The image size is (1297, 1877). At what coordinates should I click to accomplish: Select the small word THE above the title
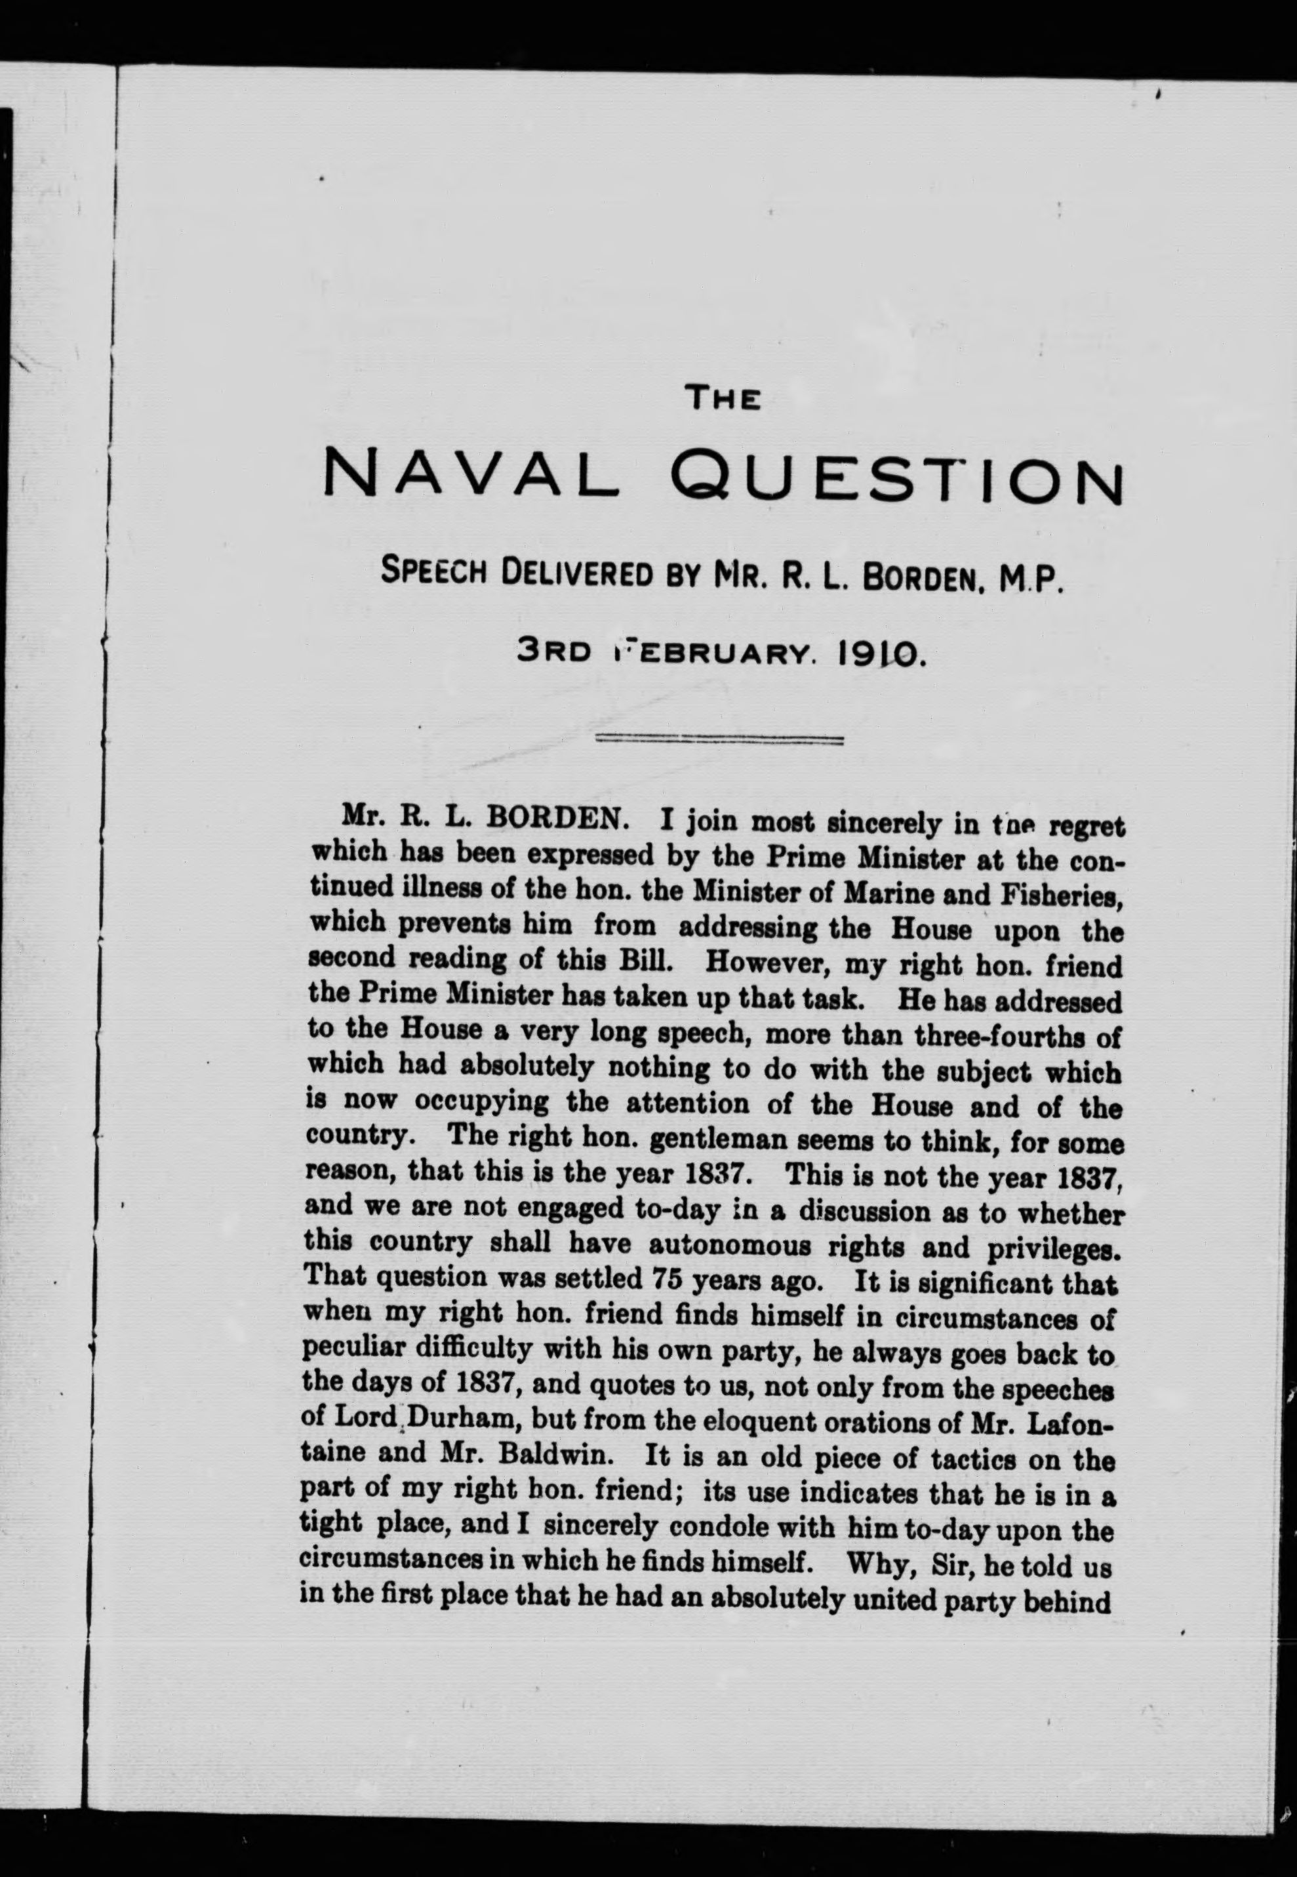tap(723, 398)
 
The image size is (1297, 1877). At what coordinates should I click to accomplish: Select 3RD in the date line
tap(553, 651)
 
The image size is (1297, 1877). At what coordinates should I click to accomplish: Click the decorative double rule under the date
tap(720, 740)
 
